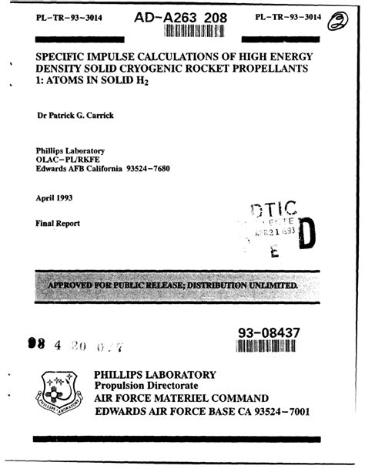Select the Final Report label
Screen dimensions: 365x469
click(x=58, y=224)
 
